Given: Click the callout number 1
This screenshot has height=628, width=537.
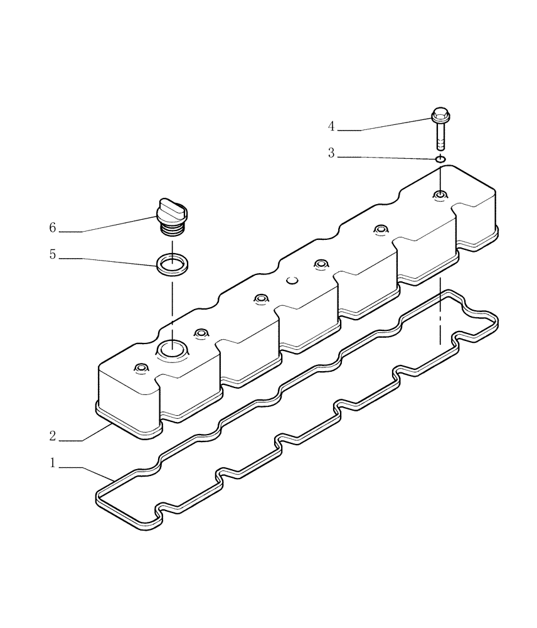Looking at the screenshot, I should (x=53, y=463).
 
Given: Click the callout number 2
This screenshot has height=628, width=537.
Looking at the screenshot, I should (x=53, y=435).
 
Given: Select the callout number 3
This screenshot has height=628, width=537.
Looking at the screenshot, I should (x=331, y=153).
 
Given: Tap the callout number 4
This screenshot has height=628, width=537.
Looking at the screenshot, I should (x=331, y=126).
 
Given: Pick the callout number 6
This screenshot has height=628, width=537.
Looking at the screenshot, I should (x=53, y=227).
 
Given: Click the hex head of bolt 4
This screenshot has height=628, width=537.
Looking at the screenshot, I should (x=440, y=116).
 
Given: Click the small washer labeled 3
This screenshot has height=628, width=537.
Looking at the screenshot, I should (x=440, y=160).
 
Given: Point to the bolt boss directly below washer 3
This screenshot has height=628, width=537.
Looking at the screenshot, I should (x=440, y=196).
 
